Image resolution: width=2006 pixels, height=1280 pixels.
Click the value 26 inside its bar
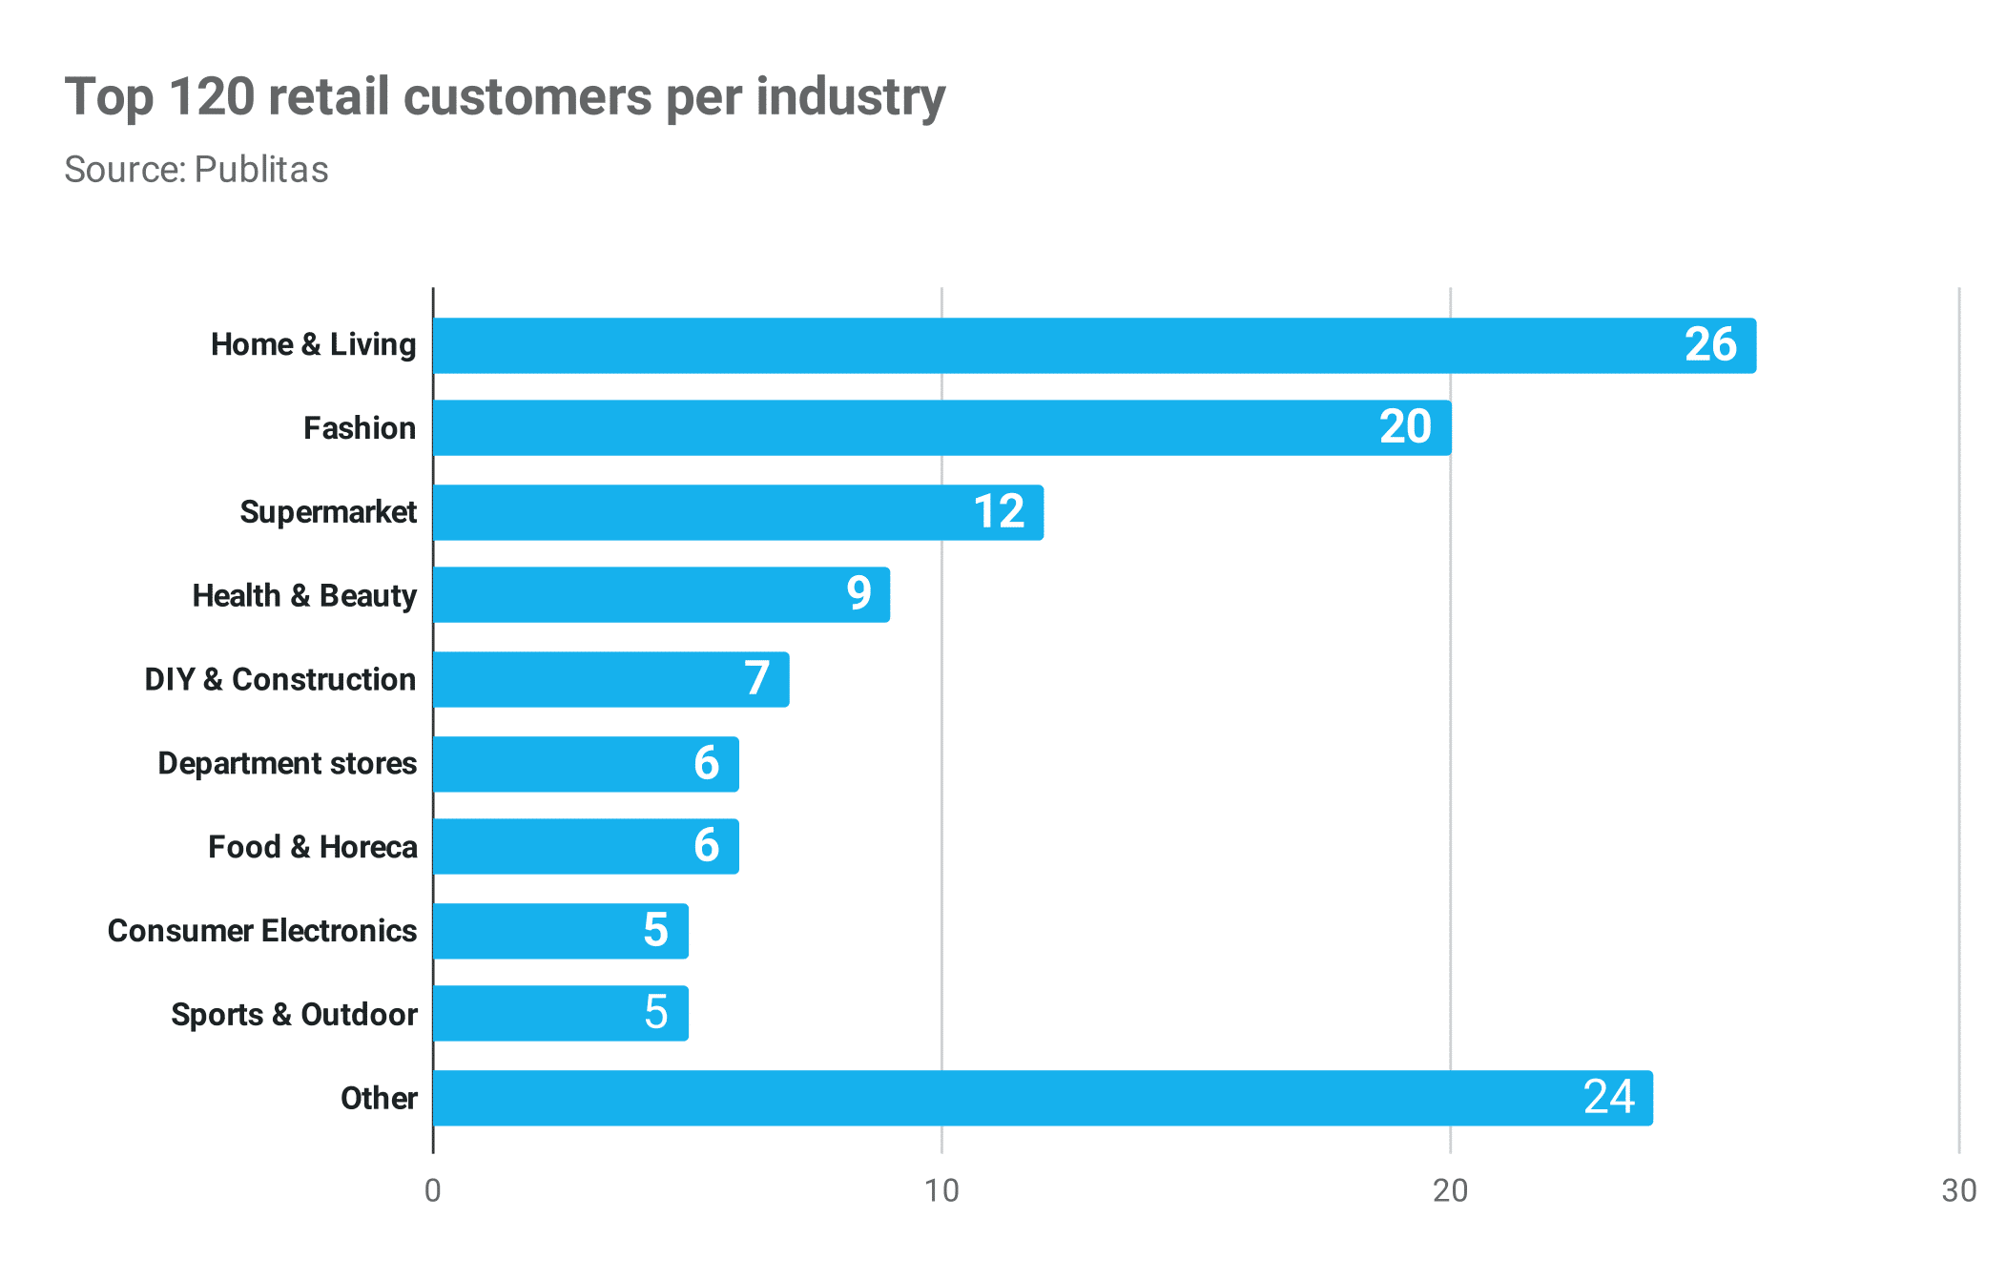pos(1710,345)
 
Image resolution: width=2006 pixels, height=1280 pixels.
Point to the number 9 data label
pos(858,594)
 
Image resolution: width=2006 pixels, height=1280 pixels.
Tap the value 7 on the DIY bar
pos(757,679)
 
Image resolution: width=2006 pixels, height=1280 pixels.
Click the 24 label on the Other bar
pos(1608,1098)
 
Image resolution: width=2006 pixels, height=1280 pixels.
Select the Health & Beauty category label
pos(304,596)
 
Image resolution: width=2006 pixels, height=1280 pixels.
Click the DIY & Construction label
pos(279,680)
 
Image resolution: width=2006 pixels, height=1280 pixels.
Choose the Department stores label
pos(287,764)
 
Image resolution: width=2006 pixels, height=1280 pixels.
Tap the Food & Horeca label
pos(313,848)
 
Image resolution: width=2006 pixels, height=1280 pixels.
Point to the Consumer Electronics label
pos(262,931)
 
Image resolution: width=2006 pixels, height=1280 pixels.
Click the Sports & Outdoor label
pos(294,1015)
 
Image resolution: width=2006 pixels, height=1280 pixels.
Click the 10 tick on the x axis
pos(941,1191)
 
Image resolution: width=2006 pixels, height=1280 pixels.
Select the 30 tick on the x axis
pos(1958,1191)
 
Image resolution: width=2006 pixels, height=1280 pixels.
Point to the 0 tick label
pos(433,1191)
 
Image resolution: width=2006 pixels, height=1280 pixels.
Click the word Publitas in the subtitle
pos(261,170)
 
